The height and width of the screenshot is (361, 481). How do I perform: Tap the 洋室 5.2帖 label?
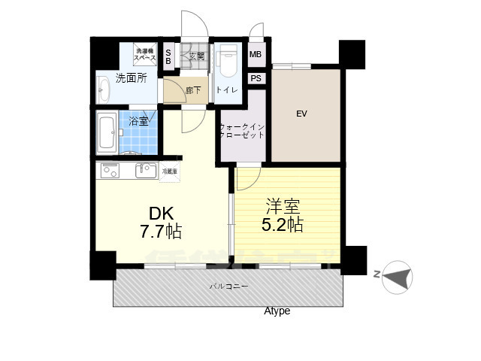coord(282,214)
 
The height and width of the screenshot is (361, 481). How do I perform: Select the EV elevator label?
coord(301,114)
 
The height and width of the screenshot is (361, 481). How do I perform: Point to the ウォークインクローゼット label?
coord(241,132)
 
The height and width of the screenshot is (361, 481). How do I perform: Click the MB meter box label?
coord(256,55)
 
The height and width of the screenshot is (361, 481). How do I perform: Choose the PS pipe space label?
coord(256,78)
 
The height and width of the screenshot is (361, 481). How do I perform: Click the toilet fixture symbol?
coord(226,63)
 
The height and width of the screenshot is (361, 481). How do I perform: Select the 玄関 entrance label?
coord(196,56)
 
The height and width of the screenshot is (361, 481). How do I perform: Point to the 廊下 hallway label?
coord(193,91)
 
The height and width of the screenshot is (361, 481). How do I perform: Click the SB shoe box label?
coord(168,56)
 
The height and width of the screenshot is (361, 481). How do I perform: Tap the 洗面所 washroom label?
coord(130,77)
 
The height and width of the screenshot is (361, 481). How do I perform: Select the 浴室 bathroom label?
coord(138,120)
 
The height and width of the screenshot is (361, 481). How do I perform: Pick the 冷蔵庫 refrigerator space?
coord(171,171)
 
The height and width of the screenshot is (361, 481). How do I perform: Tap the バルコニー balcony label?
coord(228,287)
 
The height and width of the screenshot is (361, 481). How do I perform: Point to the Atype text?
coord(277,311)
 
